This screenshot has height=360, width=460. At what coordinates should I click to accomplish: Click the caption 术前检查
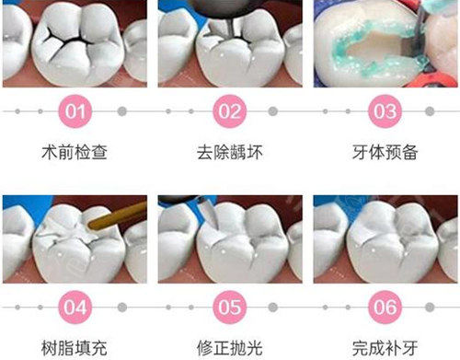[x=77, y=151]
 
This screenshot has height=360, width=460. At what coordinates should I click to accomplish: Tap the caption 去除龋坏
[x=231, y=151]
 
